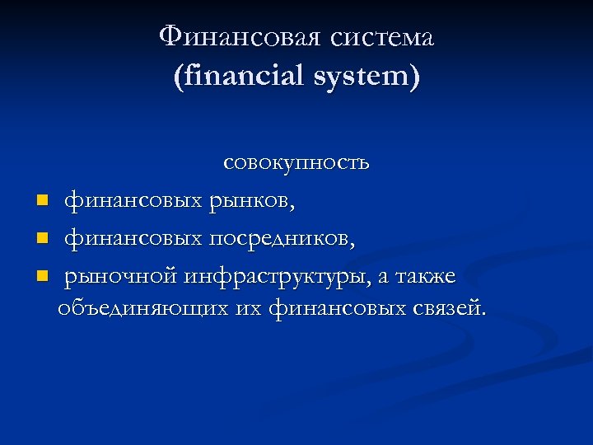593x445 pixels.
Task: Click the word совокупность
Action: (296, 163)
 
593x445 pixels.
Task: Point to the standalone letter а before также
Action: (382, 279)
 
